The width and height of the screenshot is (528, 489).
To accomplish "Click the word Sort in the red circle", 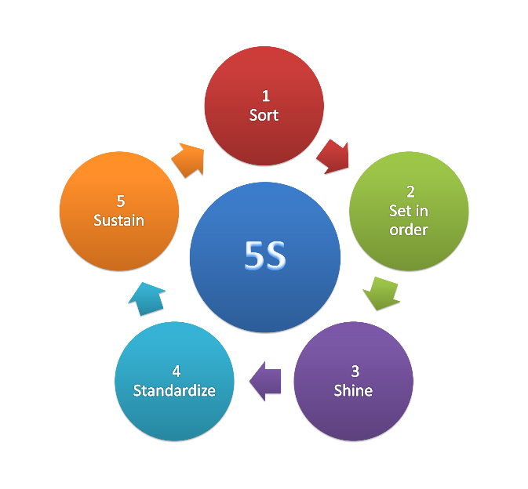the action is click(264, 115).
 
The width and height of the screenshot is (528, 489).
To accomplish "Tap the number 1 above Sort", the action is click(266, 96).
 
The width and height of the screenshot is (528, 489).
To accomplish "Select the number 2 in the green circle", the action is click(410, 192).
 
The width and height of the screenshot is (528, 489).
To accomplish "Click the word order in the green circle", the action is click(409, 230).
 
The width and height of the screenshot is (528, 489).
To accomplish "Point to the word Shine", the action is click(353, 390).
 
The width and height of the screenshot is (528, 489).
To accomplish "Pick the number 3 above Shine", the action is click(355, 371).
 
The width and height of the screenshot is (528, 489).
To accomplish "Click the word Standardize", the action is click(174, 390).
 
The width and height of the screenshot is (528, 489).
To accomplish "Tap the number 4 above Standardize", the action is click(176, 371).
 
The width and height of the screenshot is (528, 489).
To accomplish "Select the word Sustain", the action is click(118, 220).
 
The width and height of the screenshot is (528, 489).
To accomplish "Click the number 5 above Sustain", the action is click(121, 201).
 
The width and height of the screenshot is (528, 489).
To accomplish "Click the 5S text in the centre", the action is click(265, 255).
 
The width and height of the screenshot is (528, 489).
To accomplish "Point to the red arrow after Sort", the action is click(333, 157).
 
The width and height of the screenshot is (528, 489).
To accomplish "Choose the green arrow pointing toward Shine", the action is click(381, 293).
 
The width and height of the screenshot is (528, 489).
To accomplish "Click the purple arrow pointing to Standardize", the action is click(265, 381).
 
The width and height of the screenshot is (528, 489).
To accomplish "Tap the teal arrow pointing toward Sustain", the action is click(147, 299).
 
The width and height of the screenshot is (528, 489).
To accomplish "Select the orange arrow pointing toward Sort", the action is click(188, 160).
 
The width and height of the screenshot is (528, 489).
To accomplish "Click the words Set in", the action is click(409, 211).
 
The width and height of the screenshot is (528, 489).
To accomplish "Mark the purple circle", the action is click(354, 382).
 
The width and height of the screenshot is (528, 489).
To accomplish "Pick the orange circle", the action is click(119, 212).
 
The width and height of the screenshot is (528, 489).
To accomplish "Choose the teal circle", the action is click(174, 382).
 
